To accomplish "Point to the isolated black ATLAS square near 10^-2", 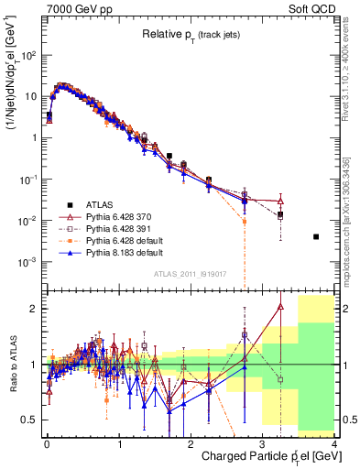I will [x=316, y=236].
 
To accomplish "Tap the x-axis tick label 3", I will [x=262, y=443].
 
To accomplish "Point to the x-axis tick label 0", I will [x=46, y=443].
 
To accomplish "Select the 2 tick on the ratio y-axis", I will [x=35, y=309].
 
